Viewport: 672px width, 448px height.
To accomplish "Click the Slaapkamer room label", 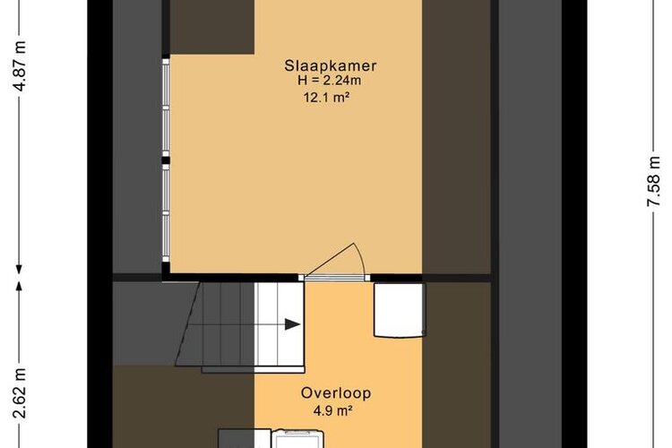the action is [x=331, y=65].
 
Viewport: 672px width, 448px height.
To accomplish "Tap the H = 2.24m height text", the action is [x=329, y=80].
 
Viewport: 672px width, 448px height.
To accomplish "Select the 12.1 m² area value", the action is [x=326, y=98].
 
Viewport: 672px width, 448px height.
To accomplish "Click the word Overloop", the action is [x=336, y=393].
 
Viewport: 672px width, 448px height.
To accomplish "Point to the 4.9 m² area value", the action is [x=333, y=411].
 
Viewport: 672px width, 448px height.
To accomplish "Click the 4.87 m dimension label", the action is [x=20, y=65].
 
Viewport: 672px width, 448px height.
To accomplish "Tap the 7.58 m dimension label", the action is [x=654, y=181].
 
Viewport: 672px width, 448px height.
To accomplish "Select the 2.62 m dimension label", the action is [x=20, y=393].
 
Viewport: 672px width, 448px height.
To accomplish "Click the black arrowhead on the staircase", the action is [x=293, y=324].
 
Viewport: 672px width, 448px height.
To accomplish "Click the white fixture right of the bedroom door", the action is [x=400, y=309].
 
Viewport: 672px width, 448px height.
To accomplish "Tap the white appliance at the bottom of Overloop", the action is [x=297, y=438].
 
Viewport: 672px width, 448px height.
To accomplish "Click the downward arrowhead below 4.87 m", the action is [x=19, y=270].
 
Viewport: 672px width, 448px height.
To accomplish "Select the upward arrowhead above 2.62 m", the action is [x=19, y=286].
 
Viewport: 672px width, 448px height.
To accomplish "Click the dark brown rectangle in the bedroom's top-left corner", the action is [x=212, y=27].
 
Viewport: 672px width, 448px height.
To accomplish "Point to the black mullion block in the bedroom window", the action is [x=166, y=160].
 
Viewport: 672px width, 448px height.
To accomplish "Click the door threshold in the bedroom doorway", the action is [x=336, y=278].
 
